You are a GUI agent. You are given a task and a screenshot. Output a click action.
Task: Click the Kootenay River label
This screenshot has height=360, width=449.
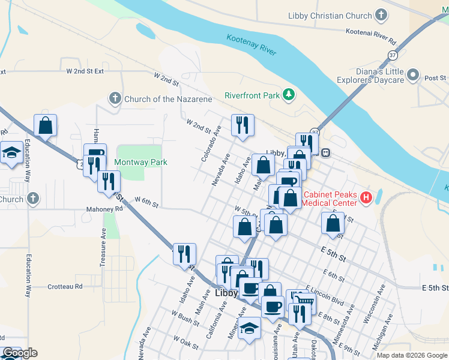coord(252,46)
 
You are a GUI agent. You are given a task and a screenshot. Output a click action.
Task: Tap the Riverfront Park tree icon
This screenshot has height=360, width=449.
coord(289,95)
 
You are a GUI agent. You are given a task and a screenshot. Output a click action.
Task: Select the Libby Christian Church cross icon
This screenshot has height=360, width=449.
coord(381,16)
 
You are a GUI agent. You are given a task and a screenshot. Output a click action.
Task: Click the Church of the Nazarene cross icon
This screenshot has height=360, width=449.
coord(115,98)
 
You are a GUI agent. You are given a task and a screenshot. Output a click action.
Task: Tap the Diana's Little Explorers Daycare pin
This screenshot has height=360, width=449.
coord(412,76)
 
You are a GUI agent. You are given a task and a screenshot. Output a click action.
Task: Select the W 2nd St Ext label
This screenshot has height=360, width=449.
coord(85,71)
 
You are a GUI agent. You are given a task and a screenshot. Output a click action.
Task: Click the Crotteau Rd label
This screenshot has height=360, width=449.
coord(65,287)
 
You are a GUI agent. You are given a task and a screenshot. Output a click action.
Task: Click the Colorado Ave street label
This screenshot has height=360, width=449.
coord(212,143)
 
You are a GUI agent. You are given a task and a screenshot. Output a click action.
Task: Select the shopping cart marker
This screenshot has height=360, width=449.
coord(306,299)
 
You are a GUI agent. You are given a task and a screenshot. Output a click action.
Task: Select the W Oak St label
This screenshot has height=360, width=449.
coord(185,342)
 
